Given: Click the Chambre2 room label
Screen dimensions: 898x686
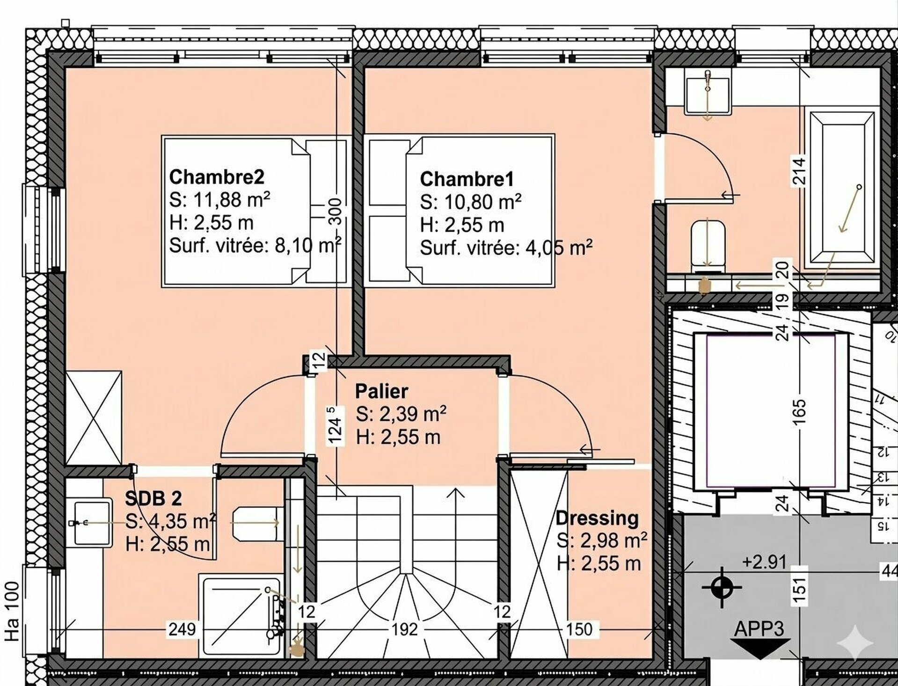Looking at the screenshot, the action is (x=217, y=177).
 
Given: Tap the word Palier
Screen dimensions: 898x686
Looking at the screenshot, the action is (x=381, y=391).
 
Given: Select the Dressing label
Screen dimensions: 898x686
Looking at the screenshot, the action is (x=597, y=518).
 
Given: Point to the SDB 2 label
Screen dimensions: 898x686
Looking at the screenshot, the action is (x=153, y=499).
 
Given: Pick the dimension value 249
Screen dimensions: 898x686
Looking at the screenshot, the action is (x=182, y=629).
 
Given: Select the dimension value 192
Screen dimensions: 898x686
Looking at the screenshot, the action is (x=404, y=629).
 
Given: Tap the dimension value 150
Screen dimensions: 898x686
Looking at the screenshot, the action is (x=579, y=629).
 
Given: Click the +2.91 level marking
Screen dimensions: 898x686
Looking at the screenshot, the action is (x=764, y=562).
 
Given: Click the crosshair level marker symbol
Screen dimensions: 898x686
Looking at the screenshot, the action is (x=722, y=587).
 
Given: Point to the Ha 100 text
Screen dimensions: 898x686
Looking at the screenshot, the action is (x=12, y=611).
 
